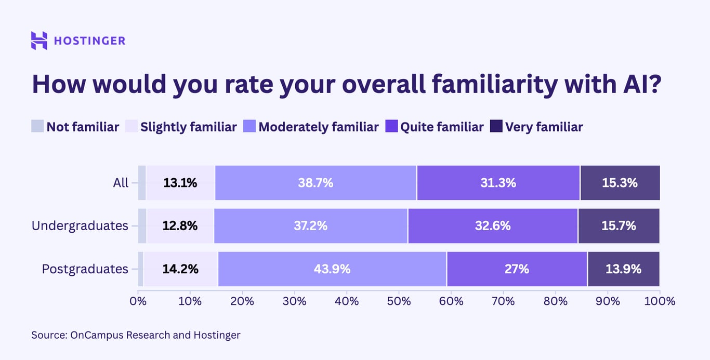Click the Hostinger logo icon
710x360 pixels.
tap(39, 41)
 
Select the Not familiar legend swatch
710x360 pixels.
tap(37, 127)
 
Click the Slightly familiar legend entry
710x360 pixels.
tap(181, 127)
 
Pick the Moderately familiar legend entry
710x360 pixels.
tap(311, 127)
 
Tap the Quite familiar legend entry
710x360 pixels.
tap(435, 127)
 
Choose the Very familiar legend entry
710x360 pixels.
tap(537, 127)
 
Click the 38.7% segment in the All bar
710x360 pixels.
tap(315, 183)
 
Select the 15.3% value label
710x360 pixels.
tap(620, 183)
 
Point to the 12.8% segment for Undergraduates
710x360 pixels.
tap(180, 226)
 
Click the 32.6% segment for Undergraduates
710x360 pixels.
tap(492, 226)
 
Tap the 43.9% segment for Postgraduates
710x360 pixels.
tap(332, 269)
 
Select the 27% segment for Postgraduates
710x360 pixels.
tap(517, 269)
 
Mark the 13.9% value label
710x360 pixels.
tap(623, 269)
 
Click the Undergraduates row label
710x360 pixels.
tap(80, 226)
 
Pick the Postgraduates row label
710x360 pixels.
tap(85, 269)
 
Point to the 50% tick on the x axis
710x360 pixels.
tap(399, 301)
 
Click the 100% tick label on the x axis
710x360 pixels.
tap(660, 301)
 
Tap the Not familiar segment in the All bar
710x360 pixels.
tap(141, 183)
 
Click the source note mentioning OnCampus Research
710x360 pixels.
tap(136, 335)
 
